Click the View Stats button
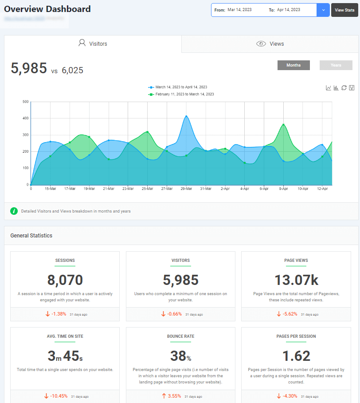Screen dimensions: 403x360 [344, 10]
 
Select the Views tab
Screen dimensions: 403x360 [270, 44]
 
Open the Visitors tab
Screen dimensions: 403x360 [93, 44]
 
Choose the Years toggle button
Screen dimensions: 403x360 [336, 65]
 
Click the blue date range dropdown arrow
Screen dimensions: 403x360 [323, 10]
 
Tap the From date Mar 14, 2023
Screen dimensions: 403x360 [239, 10]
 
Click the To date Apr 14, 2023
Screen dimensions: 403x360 [289, 10]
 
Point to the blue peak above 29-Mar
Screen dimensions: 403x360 [186, 116]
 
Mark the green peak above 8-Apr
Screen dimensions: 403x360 [283, 125]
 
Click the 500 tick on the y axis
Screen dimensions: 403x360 [25, 102]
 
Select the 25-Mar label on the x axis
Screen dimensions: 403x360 [147, 189]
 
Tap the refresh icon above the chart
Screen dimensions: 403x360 [344, 88]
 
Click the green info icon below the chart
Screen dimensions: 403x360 [14, 211]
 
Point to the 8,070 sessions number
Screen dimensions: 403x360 [65, 280]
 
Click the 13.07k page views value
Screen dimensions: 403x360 [296, 280]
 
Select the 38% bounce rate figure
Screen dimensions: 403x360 [180, 356]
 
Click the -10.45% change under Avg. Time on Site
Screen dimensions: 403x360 [59, 396]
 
